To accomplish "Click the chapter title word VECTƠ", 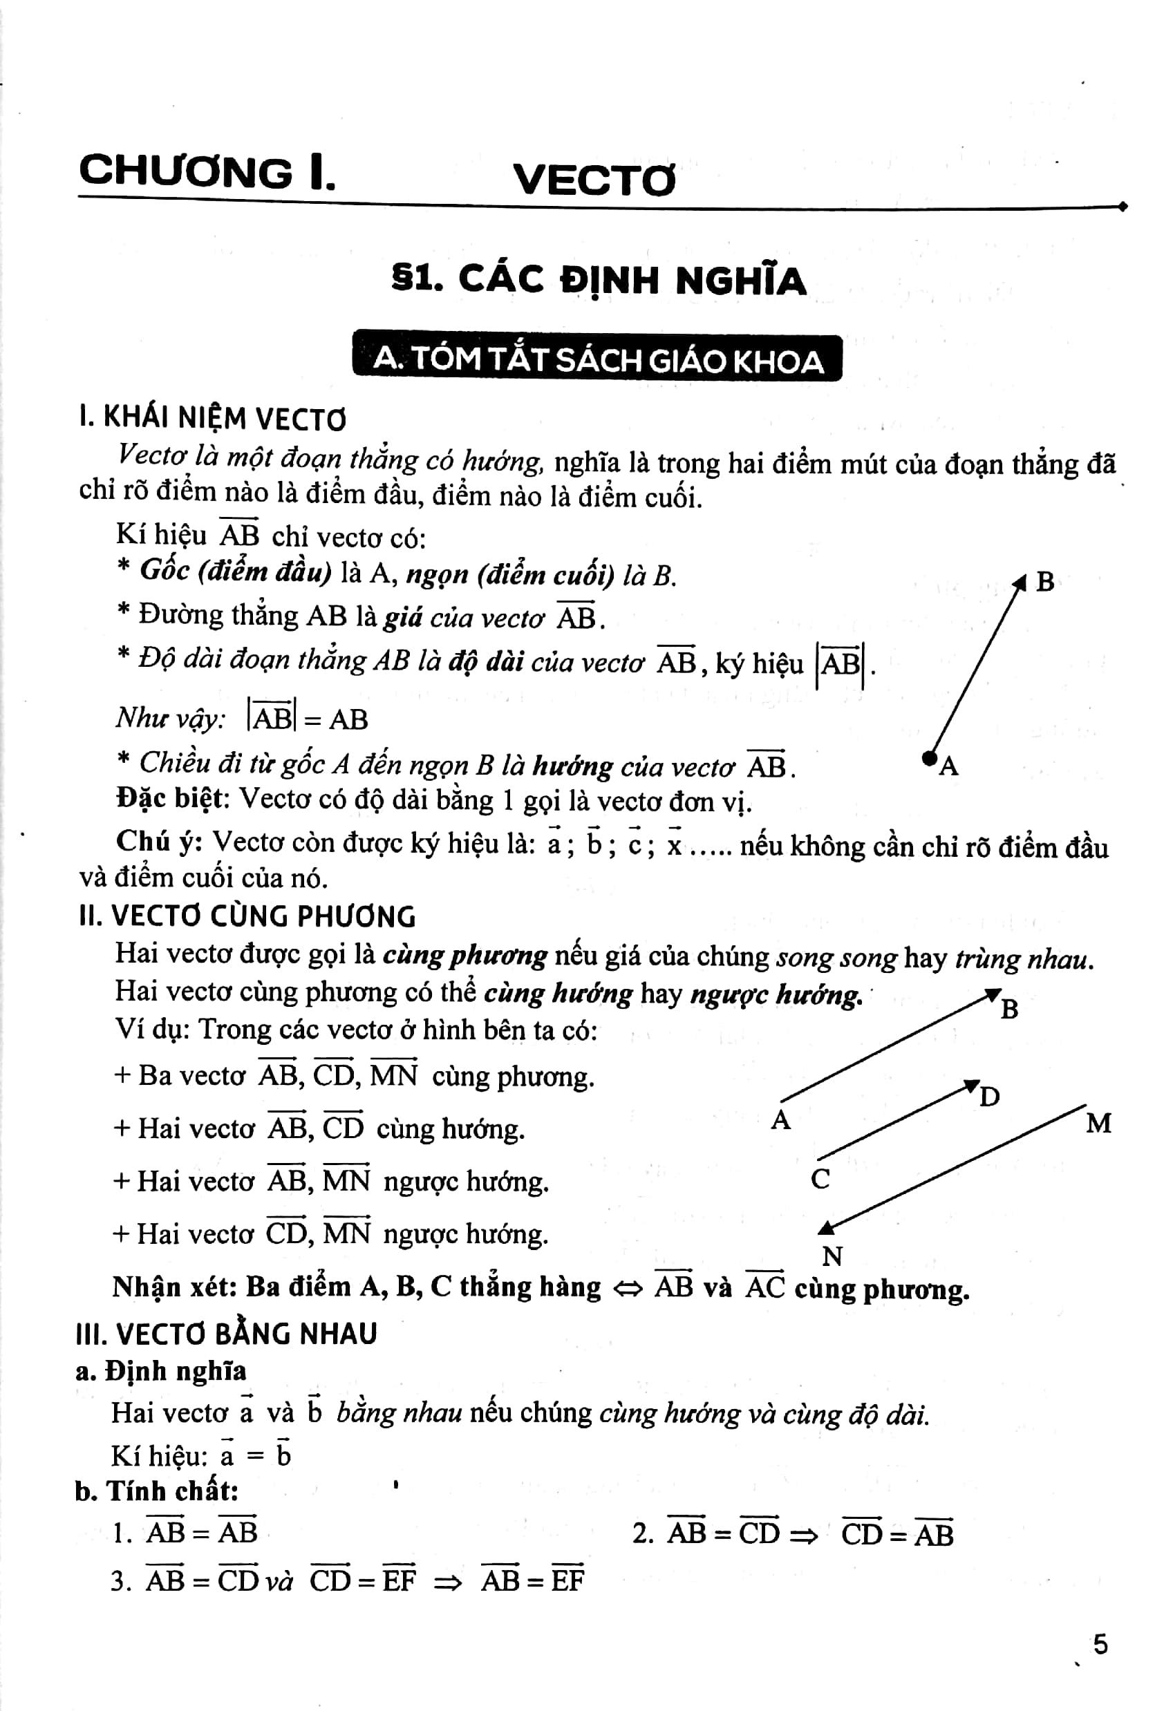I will point(594,180).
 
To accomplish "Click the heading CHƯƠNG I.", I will point(207,172).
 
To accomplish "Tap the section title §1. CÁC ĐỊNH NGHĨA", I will point(599,281).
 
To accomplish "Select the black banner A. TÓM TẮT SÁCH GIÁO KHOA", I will point(597,359).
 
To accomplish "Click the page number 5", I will point(1100,1644).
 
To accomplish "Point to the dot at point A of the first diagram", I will point(929,756).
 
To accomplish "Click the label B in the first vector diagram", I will point(1044,583).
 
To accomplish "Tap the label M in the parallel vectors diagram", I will point(1098,1123).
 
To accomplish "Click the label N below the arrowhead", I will point(832,1256).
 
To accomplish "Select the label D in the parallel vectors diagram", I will point(990,1097).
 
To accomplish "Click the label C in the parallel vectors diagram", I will point(820,1180).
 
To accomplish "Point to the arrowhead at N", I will point(827,1226).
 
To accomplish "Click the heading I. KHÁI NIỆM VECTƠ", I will point(212,419).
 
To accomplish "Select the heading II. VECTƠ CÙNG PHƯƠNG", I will point(247,916).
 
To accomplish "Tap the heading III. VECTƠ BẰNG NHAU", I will point(227,1334).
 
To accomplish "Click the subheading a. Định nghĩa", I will point(161,1371).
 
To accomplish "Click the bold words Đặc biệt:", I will point(173,800).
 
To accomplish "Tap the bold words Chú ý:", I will point(159,841).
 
